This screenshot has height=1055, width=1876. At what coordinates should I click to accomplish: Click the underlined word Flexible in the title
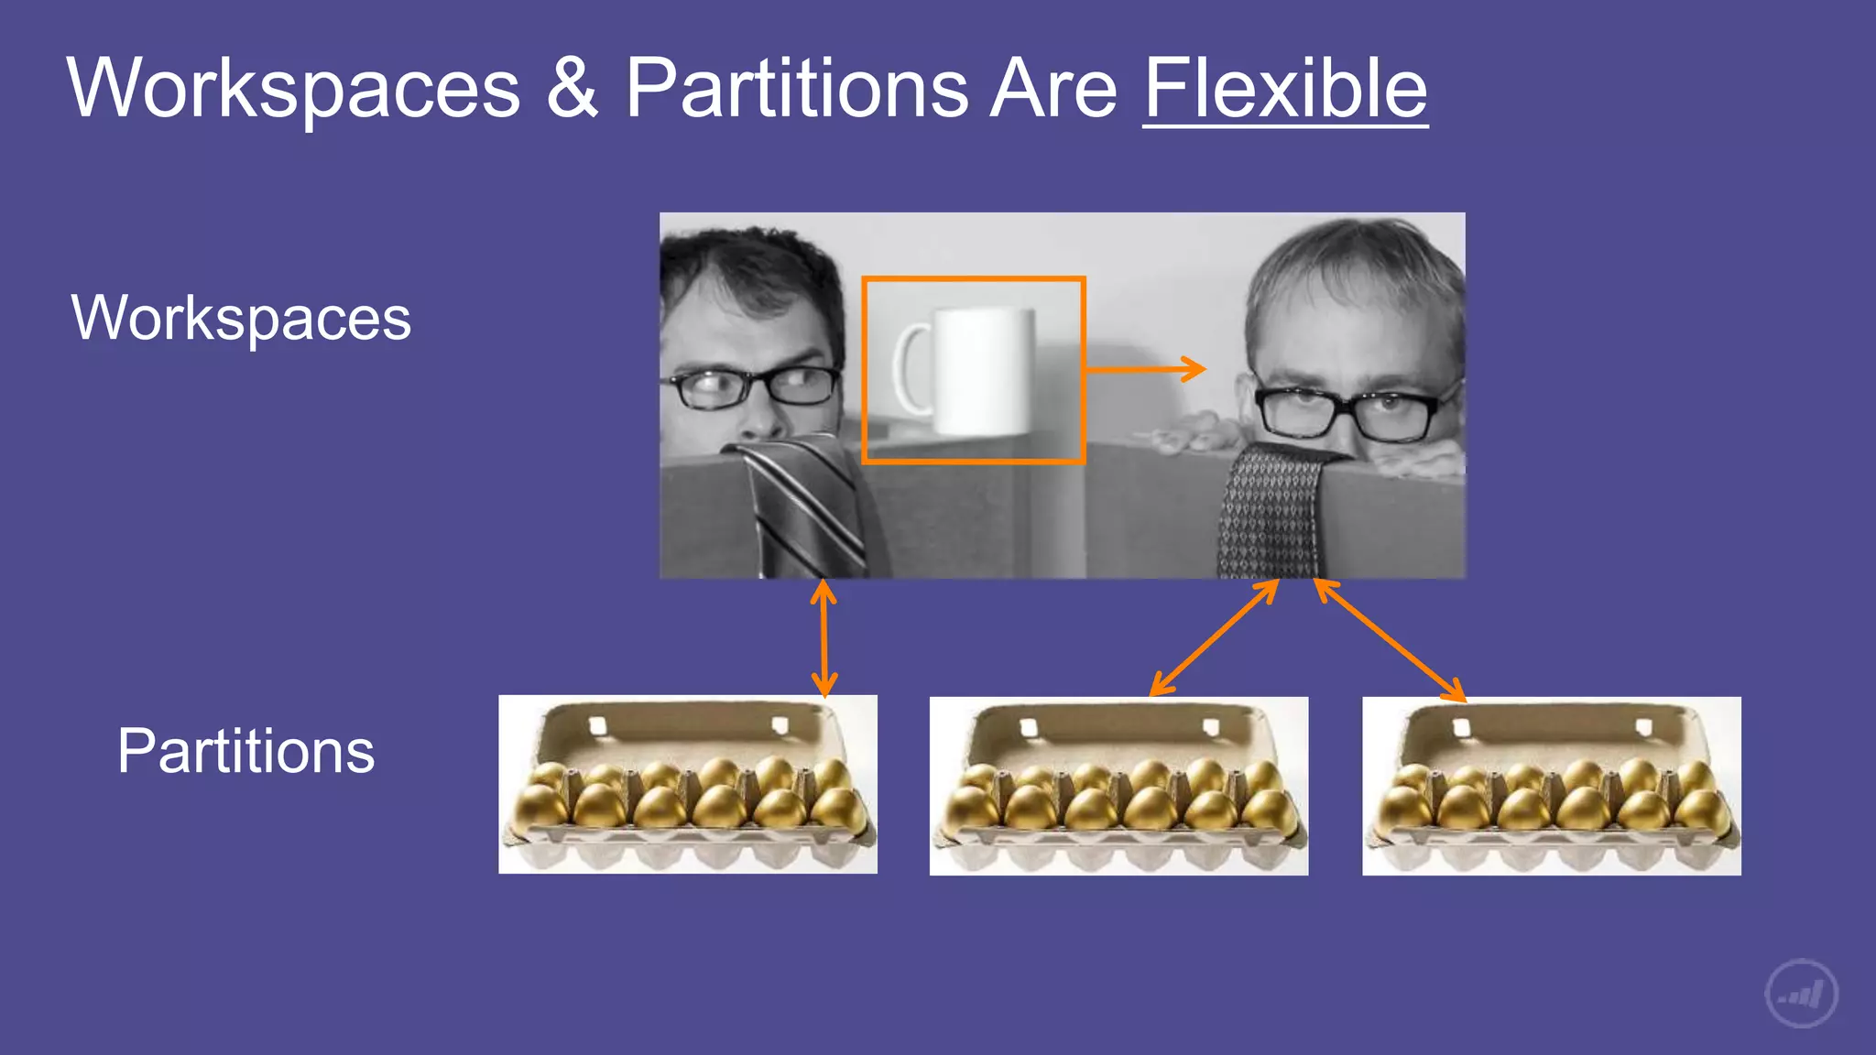(1284, 89)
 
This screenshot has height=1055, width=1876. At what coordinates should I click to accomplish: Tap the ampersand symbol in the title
(572, 89)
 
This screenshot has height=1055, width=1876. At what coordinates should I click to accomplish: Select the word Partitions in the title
(796, 89)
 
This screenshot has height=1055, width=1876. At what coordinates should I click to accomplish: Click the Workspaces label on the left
(241, 318)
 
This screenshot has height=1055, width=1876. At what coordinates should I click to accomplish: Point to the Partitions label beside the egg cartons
(245, 751)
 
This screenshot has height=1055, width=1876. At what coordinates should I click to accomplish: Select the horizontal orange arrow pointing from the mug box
(1145, 369)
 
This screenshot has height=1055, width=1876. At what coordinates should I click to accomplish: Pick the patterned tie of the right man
(1269, 513)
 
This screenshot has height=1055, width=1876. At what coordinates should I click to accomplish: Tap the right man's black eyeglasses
(1347, 412)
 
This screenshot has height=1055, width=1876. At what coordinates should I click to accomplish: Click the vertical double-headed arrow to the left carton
(823, 638)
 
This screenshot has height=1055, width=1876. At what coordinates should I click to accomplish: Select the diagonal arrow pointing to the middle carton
(1214, 638)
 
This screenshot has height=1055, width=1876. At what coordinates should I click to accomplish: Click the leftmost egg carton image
(687, 784)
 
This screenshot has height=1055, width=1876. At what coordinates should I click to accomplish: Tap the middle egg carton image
(1118, 786)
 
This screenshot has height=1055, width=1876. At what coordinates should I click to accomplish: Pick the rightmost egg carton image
(1551, 786)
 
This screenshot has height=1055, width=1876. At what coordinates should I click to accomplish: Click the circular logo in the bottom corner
(1801, 994)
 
